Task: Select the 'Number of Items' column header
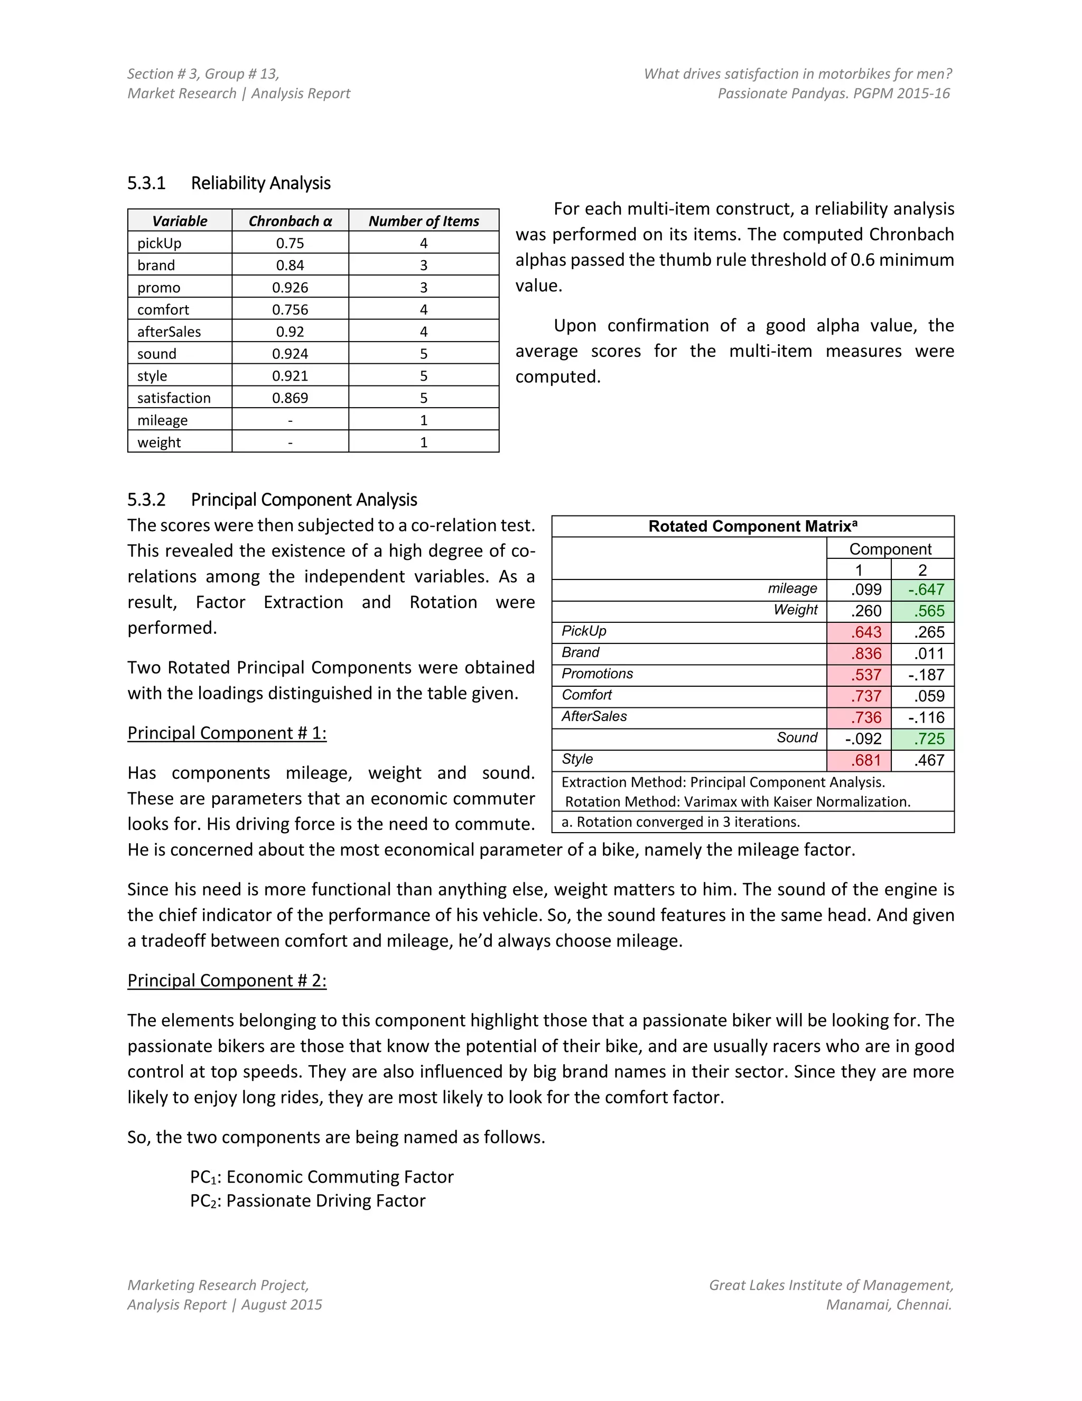coord(423,220)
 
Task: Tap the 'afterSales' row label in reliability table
coord(169,331)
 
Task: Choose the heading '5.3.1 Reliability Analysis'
coord(229,183)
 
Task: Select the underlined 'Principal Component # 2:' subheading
coord(227,980)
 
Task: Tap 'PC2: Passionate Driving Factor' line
coord(307,1200)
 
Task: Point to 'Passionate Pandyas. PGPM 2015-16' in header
coord(833,94)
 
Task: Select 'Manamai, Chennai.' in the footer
coord(889,1305)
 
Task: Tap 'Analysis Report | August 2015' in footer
coord(225,1305)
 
